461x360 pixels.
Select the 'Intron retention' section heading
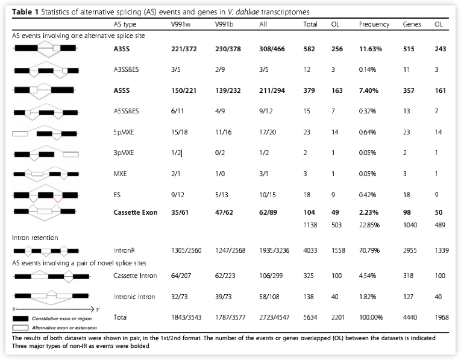coord(36,238)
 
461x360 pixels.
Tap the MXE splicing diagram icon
coord(45,172)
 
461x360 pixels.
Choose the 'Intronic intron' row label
coord(134,297)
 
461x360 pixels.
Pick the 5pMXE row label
coord(123,131)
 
